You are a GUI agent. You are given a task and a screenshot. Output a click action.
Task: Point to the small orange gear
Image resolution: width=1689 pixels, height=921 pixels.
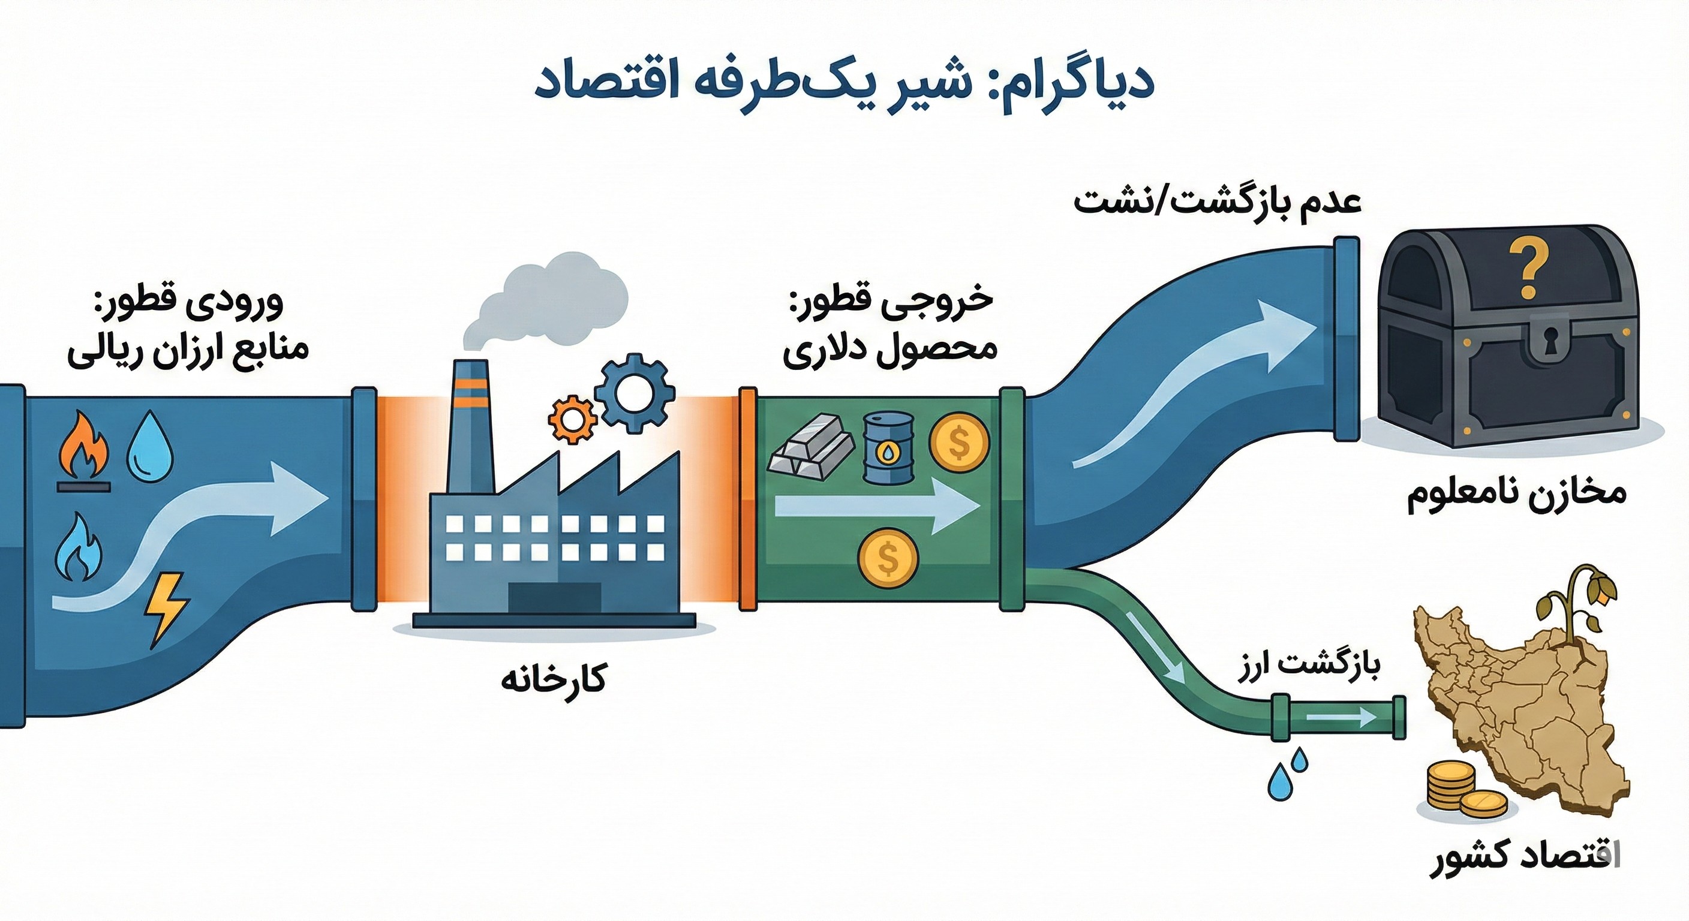tap(572, 419)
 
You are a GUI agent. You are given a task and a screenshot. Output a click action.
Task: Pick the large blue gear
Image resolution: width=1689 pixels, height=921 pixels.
tap(634, 393)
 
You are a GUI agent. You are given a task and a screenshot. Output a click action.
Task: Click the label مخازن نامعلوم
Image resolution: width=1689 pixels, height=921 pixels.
tap(1516, 493)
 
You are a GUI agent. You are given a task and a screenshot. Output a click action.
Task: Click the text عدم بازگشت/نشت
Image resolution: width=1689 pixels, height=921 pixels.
tap(1217, 201)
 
